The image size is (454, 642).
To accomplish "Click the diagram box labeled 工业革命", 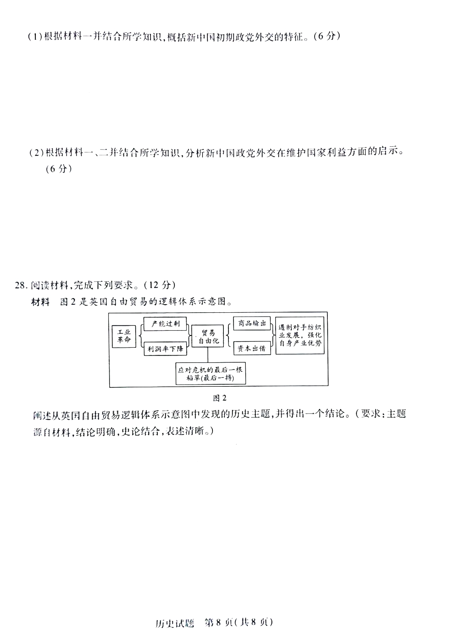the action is tap(124, 336).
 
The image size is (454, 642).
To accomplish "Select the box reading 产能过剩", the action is tap(165, 324).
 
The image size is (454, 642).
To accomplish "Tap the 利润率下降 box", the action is tap(165, 349).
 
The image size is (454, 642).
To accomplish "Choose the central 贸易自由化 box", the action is tap(208, 336).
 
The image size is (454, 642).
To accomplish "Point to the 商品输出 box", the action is tap(252, 323).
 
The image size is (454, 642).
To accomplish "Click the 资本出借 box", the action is tap(252, 348).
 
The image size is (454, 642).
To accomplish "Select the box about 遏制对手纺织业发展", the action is tap(300, 335).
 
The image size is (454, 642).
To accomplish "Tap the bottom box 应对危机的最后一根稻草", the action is tap(211, 373).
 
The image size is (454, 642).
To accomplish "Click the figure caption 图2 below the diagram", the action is tap(220, 398).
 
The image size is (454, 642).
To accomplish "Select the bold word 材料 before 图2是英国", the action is tap(40, 302).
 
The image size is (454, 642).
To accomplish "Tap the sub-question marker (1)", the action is tap(35, 37).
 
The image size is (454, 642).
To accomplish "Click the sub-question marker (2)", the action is tap(37, 153).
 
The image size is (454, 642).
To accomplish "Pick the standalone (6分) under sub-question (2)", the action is tap(59, 169).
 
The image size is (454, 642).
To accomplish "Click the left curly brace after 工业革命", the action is tap(140, 336).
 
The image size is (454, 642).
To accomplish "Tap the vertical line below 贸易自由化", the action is tap(208, 355).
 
